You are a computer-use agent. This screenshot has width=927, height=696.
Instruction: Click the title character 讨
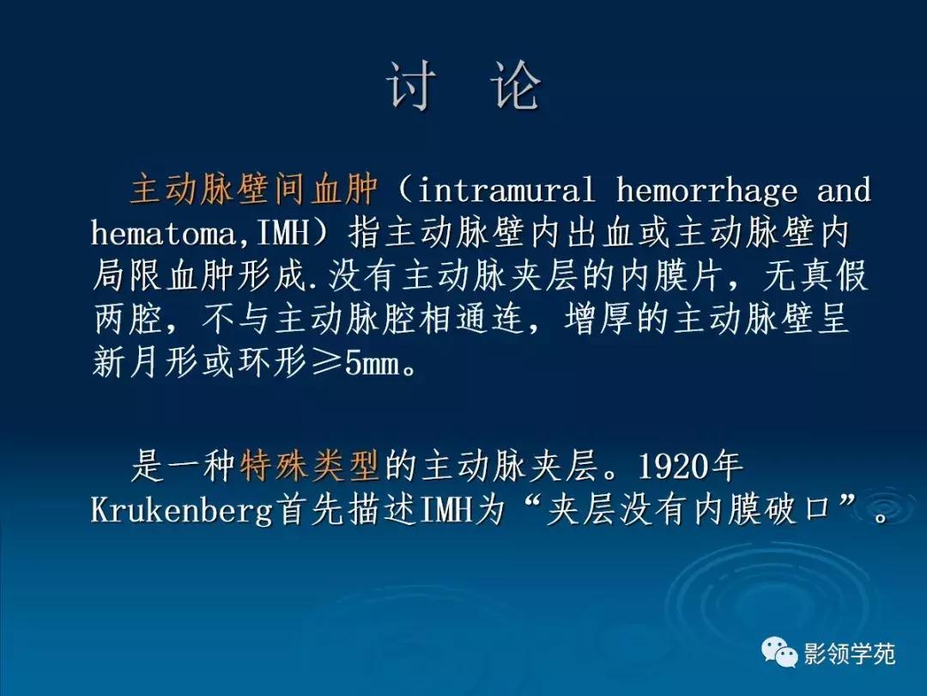(411, 85)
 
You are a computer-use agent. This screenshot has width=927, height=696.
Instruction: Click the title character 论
(517, 85)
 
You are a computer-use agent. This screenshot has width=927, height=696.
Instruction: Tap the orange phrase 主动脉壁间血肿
(254, 190)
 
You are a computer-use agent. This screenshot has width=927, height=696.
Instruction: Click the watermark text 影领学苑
(849, 655)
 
